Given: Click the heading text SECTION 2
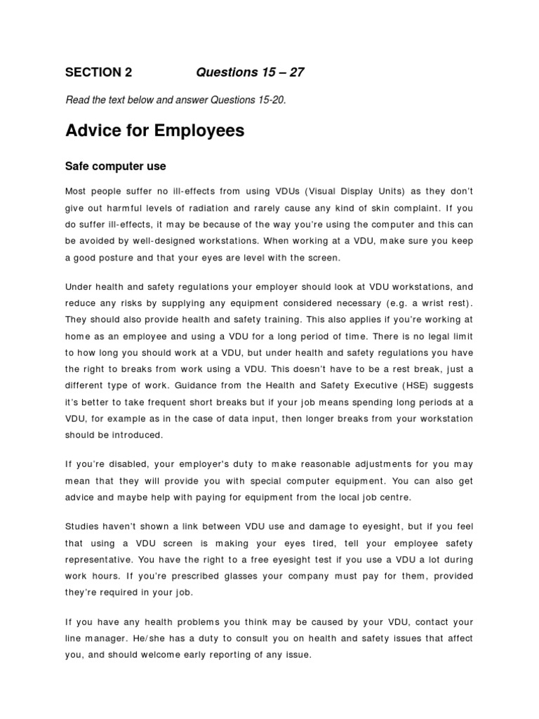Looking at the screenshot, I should (98, 72).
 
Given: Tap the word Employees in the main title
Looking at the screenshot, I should (201, 131).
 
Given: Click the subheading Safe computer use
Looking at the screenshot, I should (115, 166).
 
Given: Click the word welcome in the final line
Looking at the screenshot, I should (163, 655).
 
